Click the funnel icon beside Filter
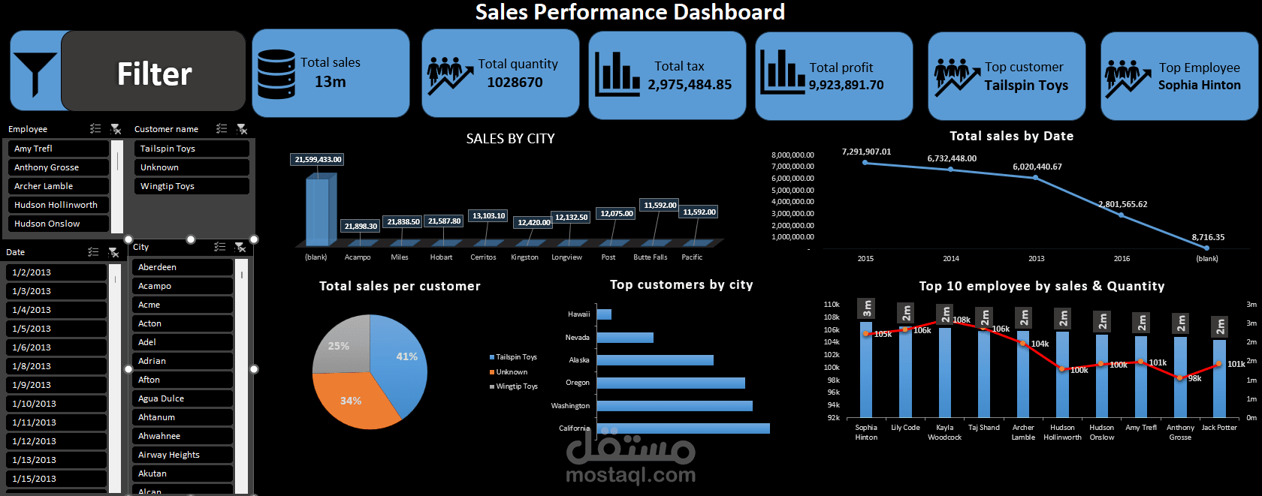point(35,73)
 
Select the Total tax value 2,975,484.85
point(690,85)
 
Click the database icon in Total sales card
point(276,74)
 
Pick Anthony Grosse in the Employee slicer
point(57,167)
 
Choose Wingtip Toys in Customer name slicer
point(191,186)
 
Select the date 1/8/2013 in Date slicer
point(56,366)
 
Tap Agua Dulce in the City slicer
point(182,398)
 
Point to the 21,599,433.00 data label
point(318,159)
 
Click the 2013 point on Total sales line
point(1035,178)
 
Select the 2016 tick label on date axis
point(1122,259)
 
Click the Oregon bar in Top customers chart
point(670,383)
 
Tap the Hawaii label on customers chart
point(578,314)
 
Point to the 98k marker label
point(1194,379)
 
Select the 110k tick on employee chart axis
point(832,305)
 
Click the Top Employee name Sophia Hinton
point(1199,86)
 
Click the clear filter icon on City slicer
point(240,247)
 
